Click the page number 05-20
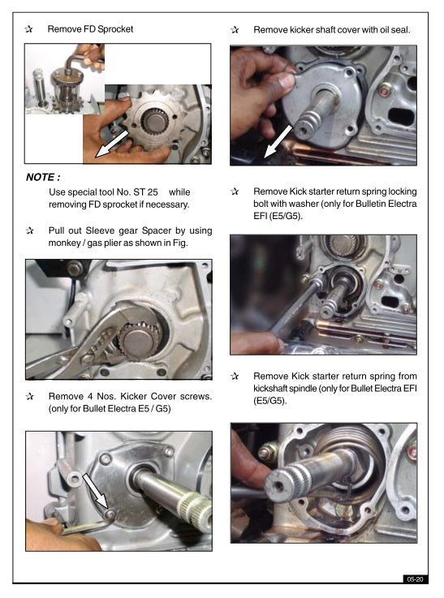415,579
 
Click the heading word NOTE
42,176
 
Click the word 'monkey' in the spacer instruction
66,243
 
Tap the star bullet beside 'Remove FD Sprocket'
29,29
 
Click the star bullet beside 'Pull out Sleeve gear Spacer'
29,231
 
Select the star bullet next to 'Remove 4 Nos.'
29,397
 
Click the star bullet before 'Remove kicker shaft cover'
235,29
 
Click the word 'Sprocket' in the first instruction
114,29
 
